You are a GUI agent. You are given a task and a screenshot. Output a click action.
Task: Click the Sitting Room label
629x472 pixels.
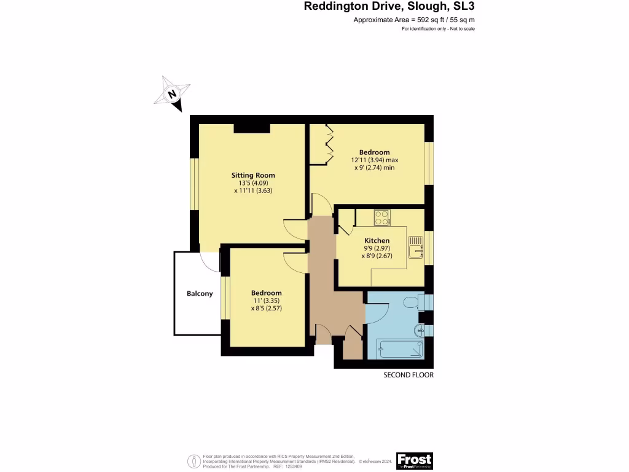pyautogui.click(x=252, y=175)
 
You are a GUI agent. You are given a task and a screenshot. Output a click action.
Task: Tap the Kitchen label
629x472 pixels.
pyautogui.click(x=377, y=240)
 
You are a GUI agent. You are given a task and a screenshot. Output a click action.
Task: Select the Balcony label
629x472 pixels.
pyautogui.click(x=200, y=293)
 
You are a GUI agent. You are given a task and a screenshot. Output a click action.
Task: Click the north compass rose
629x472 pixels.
pyautogui.click(x=172, y=94)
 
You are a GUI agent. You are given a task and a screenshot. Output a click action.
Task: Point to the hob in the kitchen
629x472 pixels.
pyautogui.click(x=382, y=218)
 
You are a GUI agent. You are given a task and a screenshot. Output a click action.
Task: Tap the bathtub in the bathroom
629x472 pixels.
pyautogui.click(x=400, y=349)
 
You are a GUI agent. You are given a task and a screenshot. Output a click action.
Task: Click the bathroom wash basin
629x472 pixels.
pyautogui.click(x=420, y=331)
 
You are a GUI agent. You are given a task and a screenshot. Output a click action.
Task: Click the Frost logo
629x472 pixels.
pyautogui.click(x=414, y=460)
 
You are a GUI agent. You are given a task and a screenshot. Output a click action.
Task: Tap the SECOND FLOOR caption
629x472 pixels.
pyautogui.click(x=408, y=375)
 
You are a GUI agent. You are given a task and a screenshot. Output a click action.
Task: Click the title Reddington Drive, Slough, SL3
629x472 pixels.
pyautogui.click(x=389, y=7)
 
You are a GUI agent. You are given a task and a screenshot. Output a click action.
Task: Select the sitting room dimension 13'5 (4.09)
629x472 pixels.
pyautogui.click(x=252, y=183)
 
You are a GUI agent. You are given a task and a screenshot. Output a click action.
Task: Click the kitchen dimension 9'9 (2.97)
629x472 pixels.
pyautogui.click(x=377, y=248)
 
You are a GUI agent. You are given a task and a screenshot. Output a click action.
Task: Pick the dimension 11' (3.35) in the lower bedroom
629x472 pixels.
pyautogui.click(x=266, y=301)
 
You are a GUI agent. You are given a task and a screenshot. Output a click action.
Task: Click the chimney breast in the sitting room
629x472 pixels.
pyautogui.click(x=252, y=128)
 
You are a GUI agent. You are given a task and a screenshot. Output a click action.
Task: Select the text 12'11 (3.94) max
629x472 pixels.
pyautogui.click(x=374, y=160)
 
